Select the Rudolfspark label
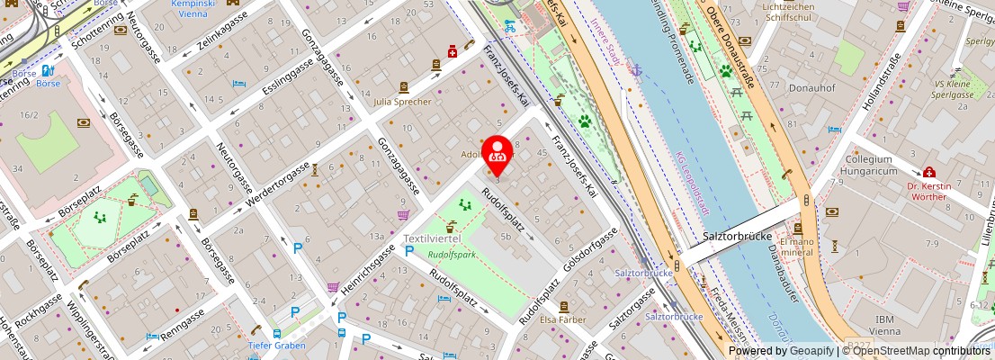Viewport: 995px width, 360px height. click(x=452, y=254)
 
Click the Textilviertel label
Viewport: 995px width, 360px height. click(x=432, y=238)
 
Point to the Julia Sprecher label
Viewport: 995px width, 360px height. click(x=403, y=102)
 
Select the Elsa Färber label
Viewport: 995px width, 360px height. click(x=561, y=319)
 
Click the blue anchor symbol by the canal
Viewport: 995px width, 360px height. click(x=636, y=70)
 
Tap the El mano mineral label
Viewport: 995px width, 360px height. click(x=796, y=247)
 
